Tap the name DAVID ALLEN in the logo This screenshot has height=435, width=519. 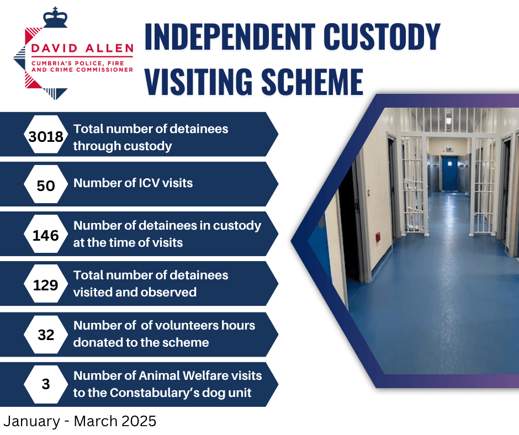pos(82,49)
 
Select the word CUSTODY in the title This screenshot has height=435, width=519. pos(382,37)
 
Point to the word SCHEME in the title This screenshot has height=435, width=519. pos(312,82)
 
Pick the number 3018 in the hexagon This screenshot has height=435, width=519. pos(46,136)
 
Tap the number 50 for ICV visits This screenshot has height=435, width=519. pos(46,185)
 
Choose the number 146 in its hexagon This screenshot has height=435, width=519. pos(46,235)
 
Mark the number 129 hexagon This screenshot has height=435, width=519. pos(46,285)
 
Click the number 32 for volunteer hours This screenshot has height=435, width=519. pos(46,335)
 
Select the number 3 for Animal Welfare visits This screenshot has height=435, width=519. pos(46,384)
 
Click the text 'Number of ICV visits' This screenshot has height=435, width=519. pos(133,183)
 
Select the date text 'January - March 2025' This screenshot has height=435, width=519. pos(80,421)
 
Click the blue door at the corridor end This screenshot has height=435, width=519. pos(449,173)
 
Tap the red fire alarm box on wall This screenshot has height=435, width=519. pos(378,236)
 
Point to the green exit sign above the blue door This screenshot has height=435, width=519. pos(449,150)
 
